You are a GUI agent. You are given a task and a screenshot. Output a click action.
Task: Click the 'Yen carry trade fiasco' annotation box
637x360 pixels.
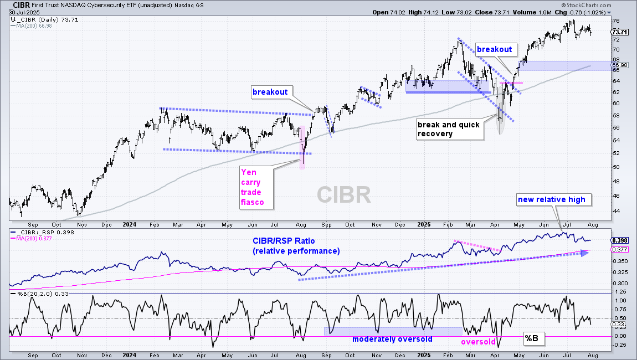coord(256,187)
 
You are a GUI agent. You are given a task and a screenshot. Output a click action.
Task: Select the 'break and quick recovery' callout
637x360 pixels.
coord(450,129)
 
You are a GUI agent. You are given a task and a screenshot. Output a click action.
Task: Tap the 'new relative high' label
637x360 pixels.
coord(554,199)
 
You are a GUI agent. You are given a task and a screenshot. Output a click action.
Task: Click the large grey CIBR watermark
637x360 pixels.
coord(343,195)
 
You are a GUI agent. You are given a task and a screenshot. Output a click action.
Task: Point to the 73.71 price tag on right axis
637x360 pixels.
coord(619,32)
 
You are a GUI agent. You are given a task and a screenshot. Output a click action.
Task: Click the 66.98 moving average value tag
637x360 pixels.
coord(619,65)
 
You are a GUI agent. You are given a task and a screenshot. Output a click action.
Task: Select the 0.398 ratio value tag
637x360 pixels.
coord(619,240)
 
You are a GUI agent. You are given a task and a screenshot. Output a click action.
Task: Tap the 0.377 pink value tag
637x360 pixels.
coord(619,249)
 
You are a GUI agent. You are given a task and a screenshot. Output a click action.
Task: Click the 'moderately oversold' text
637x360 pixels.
coord(392,340)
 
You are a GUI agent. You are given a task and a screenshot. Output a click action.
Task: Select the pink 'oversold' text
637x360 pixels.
coord(478,342)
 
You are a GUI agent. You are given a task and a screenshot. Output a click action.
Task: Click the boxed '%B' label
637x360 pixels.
coord(532,338)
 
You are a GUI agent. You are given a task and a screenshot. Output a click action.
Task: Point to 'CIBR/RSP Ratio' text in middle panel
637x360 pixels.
coord(284,241)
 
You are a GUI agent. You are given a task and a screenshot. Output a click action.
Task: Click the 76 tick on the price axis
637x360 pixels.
coord(616,20)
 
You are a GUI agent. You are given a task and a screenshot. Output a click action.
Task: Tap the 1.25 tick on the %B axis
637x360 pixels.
coord(620,292)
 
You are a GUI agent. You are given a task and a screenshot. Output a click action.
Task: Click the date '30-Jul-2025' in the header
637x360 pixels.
coord(24,13)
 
